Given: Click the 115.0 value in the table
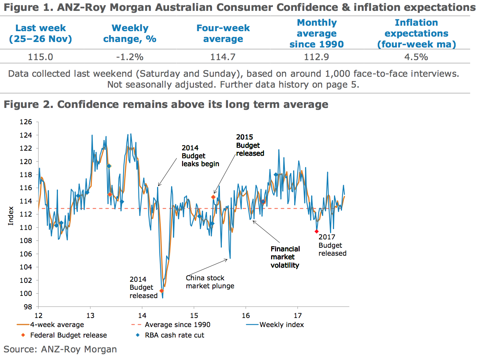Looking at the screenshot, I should coord(41,57).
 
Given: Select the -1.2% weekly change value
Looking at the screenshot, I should coord(130,57).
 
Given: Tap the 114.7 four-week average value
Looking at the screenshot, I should coord(223,57).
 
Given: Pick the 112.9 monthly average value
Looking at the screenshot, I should coord(317,57).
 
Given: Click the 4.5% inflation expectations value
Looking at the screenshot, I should coord(416,57).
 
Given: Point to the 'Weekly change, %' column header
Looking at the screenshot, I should coord(130,33).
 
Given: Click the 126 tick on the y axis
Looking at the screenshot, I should coord(26,122).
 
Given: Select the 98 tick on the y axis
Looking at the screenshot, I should coord(28,307).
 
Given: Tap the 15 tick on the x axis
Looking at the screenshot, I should coord(194,315).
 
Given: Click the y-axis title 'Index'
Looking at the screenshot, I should coord(11,216).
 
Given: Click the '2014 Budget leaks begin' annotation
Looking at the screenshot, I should coord(200,156).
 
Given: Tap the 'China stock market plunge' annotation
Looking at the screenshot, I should coord(210,282).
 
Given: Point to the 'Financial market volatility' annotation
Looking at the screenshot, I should coord(285,257).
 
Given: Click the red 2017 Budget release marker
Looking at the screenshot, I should coord(317,231).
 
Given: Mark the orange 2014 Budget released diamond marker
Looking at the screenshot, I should coord(161,291).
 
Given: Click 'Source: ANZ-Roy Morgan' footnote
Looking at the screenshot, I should coord(60,349).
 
